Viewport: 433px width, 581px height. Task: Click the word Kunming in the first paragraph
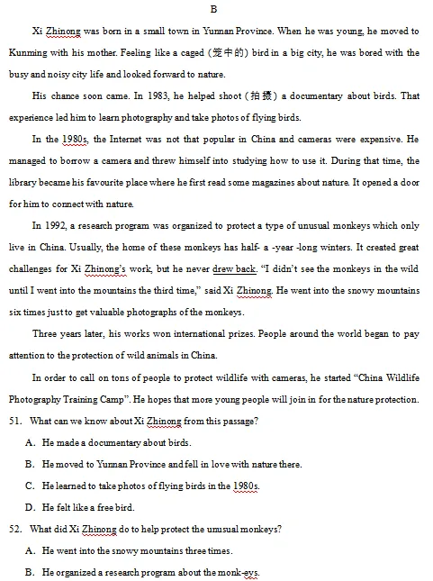pyautogui.click(x=27, y=52)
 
